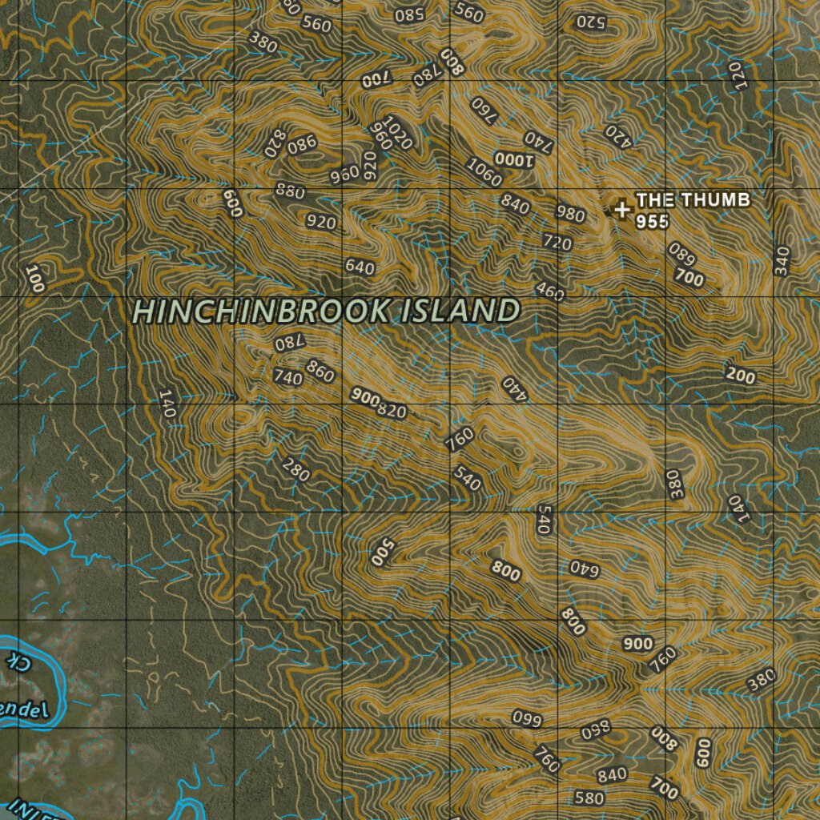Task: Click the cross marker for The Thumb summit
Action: click(621, 209)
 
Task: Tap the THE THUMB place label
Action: click(693, 199)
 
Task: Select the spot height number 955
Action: click(653, 222)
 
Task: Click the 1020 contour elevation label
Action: click(398, 133)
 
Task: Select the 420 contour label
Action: click(619, 136)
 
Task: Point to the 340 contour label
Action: click(782, 261)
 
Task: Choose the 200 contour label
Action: click(741, 375)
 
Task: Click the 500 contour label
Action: click(384, 553)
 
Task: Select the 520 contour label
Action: click(591, 22)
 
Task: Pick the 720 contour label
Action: click(557, 242)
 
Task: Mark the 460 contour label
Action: click(550, 291)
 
